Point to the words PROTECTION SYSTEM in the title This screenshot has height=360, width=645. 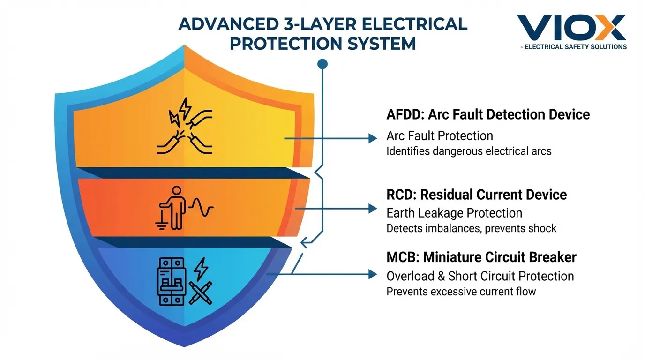pos(323,44)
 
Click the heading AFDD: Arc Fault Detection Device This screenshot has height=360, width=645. pos(488,114)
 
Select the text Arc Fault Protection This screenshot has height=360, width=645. pos(440,136)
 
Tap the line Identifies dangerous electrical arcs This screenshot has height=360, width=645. pos(469,151)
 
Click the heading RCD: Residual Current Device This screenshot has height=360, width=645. pos(477,194)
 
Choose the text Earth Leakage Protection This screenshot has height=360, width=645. pos(454,213)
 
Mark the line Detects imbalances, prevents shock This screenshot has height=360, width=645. pos(471,228)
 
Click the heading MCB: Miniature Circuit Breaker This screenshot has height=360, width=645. pos(481,257)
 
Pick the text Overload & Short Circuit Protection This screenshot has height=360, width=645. pos(480,276)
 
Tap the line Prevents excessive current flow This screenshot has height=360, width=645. pos(461,291)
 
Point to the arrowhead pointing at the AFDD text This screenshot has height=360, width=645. pos(373,138)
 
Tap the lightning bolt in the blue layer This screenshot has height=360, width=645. pos(201,268)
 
